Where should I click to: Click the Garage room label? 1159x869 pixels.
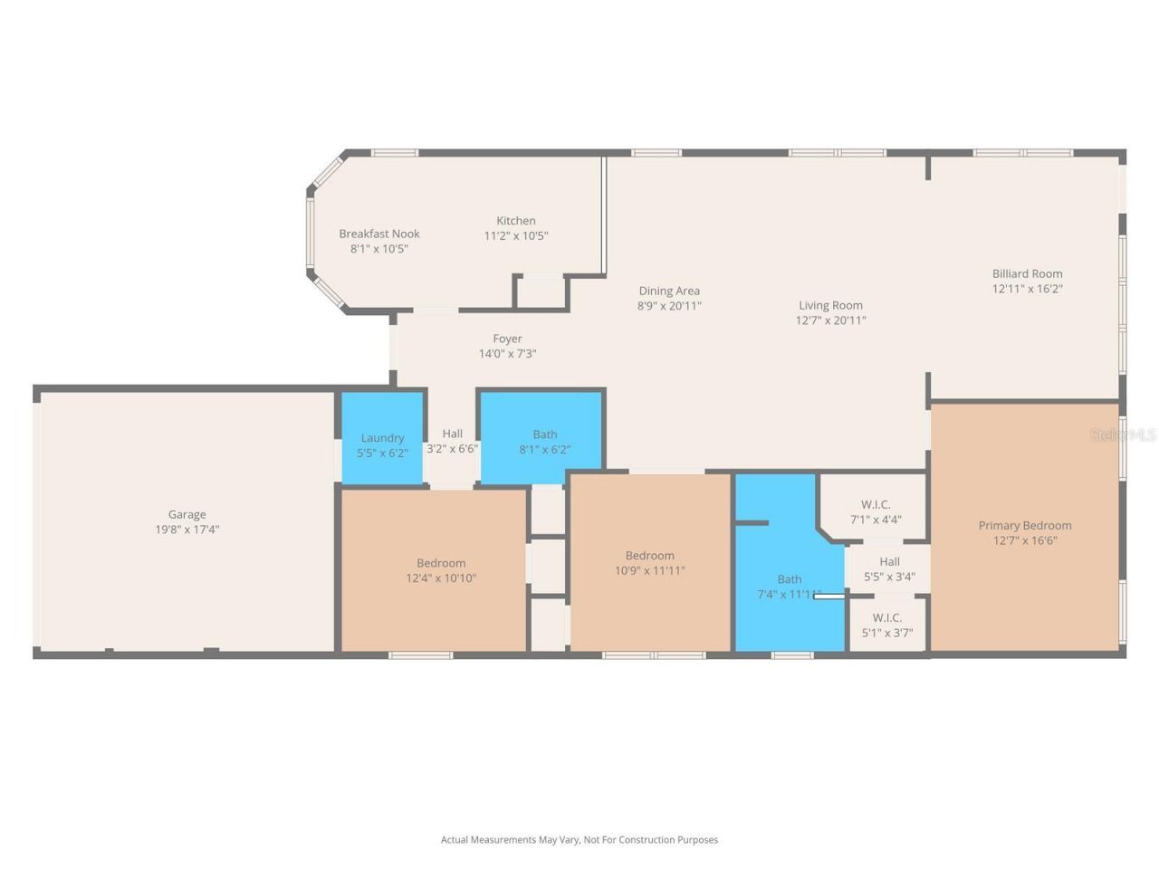tap(187, 514)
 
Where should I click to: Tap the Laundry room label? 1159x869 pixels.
tap(382, 438)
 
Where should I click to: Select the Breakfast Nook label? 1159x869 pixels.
tap(379, 234)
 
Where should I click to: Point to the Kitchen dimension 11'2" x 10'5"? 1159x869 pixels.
tap(516, 236)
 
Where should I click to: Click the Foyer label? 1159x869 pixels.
tap(507, 339)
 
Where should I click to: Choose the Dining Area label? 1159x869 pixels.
tap(669, 291)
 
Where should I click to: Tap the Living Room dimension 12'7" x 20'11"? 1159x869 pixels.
tap(830, 320)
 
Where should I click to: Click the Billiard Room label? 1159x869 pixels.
tap(1027, 273)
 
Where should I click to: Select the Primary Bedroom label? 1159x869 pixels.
tap(1025, 525)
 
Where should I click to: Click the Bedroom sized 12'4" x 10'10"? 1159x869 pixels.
tap(441, 570)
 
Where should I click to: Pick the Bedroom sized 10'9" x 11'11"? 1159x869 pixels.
tap(650, 563)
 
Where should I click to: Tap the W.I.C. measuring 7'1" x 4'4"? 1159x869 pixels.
tap(876, 512)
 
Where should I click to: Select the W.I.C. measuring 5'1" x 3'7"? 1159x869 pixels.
tap(887, 625)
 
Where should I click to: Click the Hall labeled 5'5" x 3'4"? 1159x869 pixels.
tap(889, 568)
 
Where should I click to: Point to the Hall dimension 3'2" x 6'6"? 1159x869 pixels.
tap(452, 449)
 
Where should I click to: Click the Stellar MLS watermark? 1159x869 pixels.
tap(1123, 435)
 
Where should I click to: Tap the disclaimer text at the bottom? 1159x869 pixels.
tap(579, 840)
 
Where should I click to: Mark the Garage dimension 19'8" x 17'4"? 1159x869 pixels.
tap(187, 530)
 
